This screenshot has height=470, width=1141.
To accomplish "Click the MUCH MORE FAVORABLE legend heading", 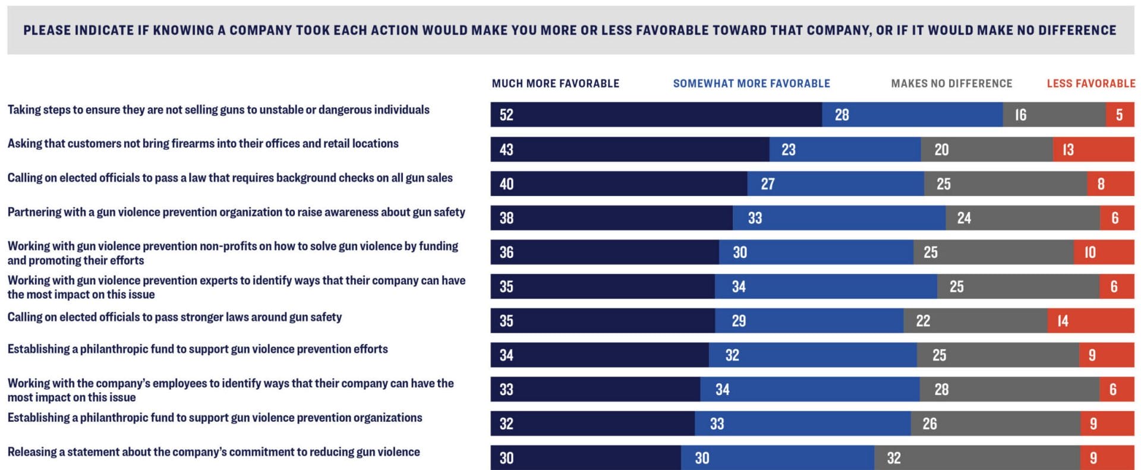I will (x=555, y=84).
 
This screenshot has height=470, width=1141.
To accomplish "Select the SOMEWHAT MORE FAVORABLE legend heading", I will (x=751, y=84).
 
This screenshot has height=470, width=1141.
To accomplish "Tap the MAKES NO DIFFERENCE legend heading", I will (x=951, y=84).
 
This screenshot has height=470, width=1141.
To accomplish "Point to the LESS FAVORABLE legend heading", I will (x=1090, y=84).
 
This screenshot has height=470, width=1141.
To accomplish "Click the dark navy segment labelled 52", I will (x=656, y=115).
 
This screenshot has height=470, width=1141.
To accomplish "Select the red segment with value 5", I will (x=1120, y=115).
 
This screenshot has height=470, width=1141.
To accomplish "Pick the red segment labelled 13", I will (x=1093, y=149).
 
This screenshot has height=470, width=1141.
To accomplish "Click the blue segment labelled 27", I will (x=835, y=184).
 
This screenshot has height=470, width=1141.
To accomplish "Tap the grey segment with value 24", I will (x=1022, y=218).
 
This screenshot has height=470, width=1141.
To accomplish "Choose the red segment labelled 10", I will (x=1104, y=253).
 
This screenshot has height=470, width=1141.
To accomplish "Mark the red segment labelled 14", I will (x=1090, y=321).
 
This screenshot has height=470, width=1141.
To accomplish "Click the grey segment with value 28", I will (x=1009, y=390).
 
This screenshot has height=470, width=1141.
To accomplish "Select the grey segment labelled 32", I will (x=977, y=458).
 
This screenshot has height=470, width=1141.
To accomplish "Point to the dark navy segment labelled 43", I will (x=629, y=149).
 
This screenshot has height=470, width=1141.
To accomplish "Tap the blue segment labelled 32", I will (x=812, y=355).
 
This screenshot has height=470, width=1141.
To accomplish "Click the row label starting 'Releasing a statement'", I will (x=213, y=452).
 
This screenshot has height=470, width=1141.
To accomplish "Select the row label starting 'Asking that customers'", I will (x=203, y=144).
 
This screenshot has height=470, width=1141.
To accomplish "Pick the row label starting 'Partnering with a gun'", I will (x=236, y=212).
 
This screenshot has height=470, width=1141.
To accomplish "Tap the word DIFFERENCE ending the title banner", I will (x=1077, y=30).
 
